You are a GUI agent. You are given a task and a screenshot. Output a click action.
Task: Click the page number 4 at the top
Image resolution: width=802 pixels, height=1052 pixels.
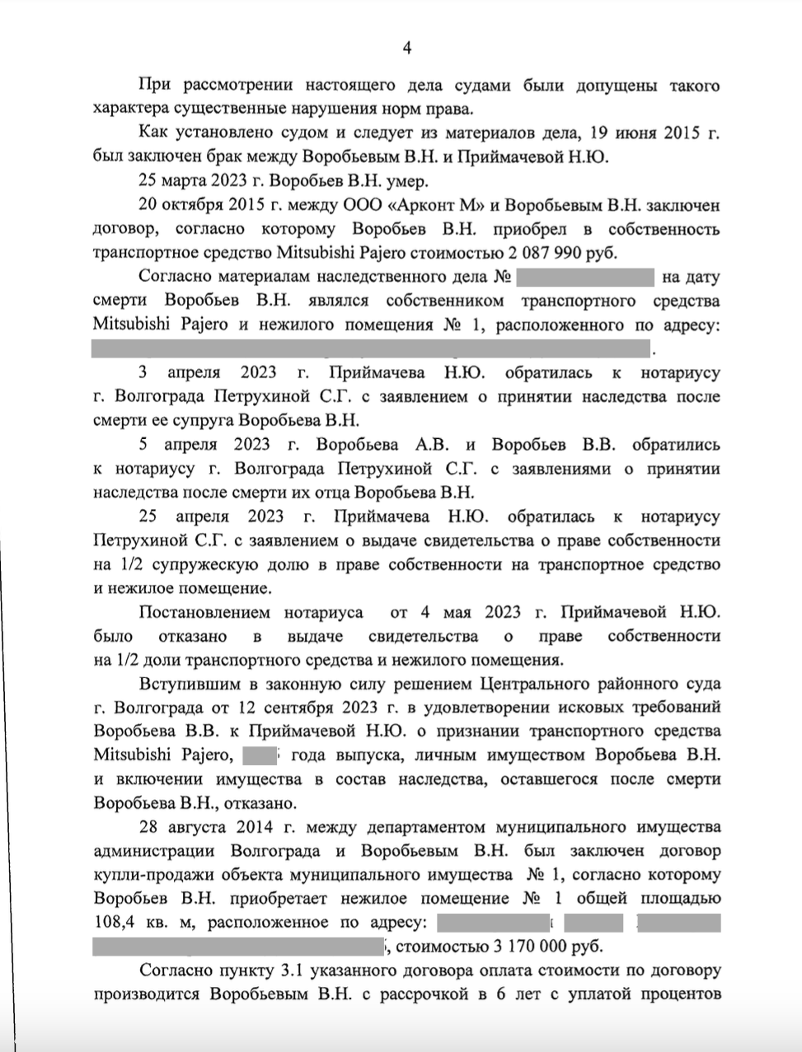[406, 49]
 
